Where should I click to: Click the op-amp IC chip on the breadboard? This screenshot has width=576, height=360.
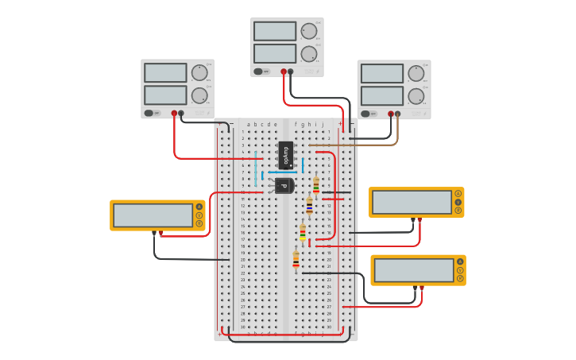click(286, 155)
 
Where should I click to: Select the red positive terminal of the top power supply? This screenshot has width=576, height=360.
click(284, 72)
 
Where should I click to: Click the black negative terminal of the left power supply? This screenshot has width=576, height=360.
click(181, 113)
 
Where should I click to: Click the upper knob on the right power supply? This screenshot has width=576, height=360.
click(416, 73)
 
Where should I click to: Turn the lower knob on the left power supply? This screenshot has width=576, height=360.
click(199, 95)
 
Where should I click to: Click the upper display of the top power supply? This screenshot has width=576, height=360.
click(275, 31)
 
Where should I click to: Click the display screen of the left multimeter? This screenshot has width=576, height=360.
click(153, 215)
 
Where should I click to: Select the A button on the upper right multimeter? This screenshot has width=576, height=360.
click(458, 194)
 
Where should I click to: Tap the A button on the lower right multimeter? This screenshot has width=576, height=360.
click(459, 261)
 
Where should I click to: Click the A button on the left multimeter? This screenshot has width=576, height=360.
click(199, 207)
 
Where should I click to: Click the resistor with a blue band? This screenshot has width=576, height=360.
click(309, 206)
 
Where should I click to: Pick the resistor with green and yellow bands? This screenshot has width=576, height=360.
click(303, 233)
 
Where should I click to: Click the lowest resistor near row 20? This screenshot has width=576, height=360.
click(296, 259)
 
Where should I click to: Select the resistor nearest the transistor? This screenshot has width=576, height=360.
click(315, 185)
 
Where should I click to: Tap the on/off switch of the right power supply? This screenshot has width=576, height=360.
click(366, 113)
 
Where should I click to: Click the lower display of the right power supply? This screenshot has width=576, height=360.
click(382, 95)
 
